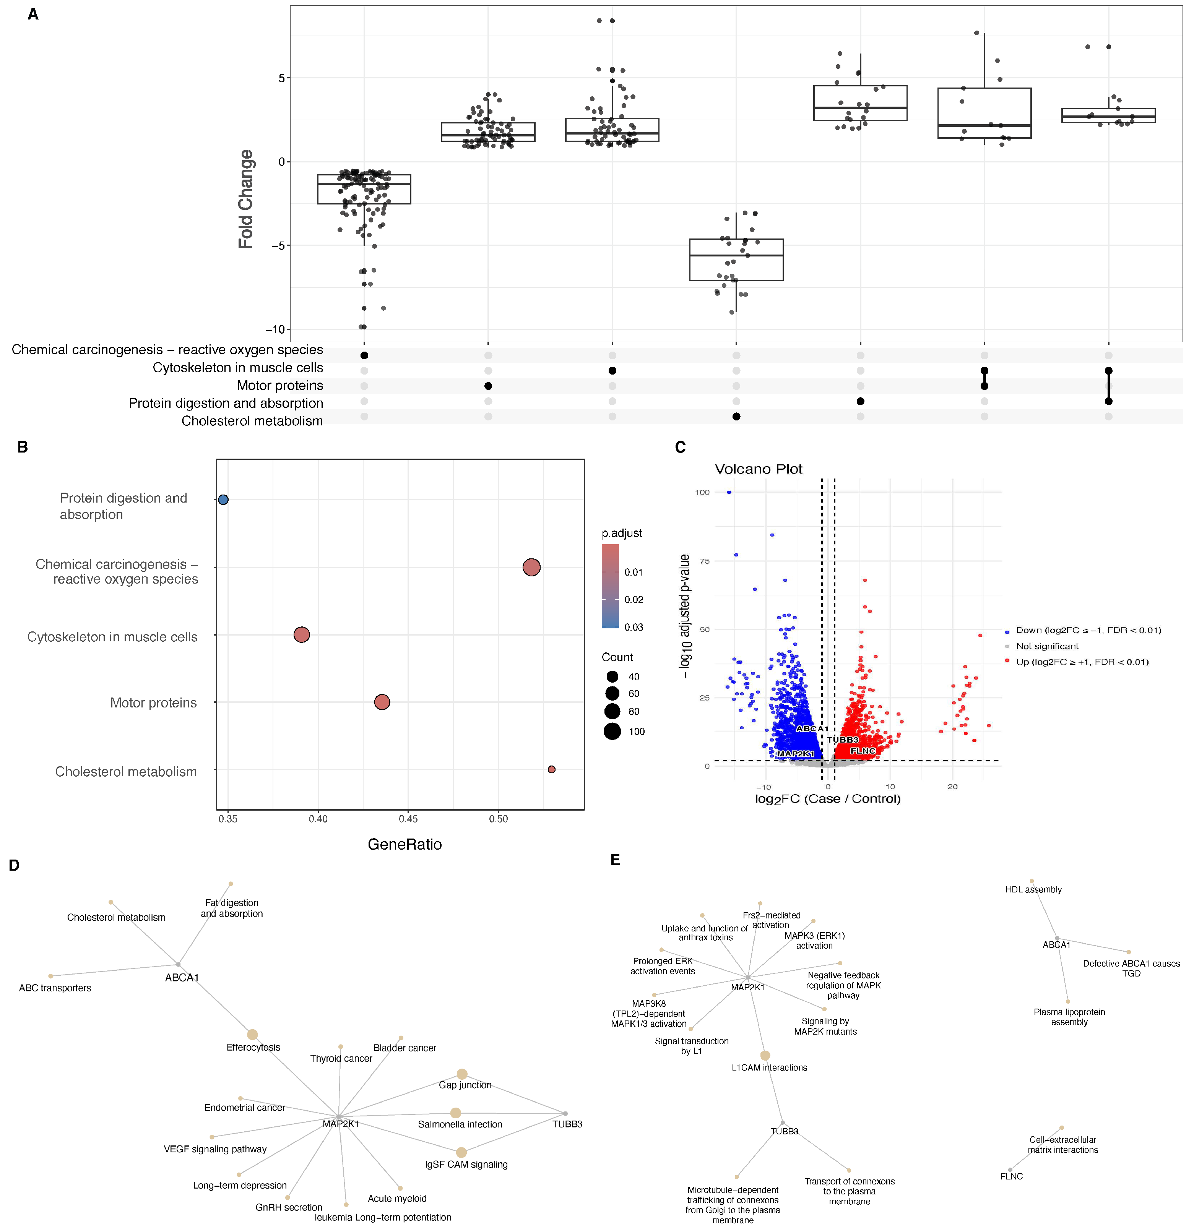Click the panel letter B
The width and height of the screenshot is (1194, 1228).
point(23,447)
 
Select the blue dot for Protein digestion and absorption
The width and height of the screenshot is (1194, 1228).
point(223,500)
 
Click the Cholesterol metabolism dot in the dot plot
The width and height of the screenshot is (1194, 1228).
point(551,769)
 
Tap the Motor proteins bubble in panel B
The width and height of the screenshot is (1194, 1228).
point(382,702)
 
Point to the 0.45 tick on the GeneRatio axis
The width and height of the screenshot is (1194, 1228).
point(408,819)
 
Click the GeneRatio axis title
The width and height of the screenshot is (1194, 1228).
point(404,844)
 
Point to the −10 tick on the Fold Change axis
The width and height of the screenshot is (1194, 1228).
point(275,329)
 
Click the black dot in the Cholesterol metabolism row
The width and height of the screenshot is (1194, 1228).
point(736,416)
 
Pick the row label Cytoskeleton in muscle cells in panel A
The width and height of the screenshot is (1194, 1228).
point(238,368)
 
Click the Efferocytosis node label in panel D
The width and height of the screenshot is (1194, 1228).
point(253,1048)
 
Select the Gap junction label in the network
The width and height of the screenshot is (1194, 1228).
point(465,1085)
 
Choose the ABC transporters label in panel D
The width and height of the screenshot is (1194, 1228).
point(55,988)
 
